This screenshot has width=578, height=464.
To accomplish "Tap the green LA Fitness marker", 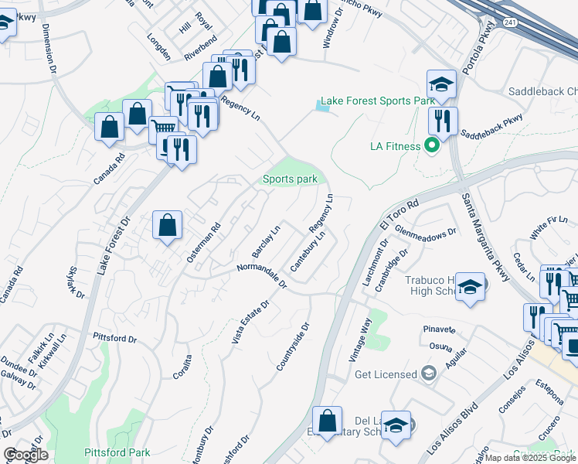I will [x=432, y=145].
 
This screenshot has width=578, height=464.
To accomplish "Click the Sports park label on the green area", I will [x=290, y=179].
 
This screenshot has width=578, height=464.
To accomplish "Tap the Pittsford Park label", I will [x=116, y=452].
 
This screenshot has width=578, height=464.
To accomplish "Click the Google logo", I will [x=25, y=455].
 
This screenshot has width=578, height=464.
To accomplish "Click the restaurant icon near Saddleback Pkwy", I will [x=443, y=121].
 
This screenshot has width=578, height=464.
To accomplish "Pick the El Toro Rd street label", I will [x=399, y=215].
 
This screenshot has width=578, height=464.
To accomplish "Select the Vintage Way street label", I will [x=360, y=340].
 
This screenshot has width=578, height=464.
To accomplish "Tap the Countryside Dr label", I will [x=294, y=346].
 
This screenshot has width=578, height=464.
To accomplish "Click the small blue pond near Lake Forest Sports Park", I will [x=322, y=107].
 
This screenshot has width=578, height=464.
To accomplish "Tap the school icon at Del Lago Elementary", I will [x=396, y=425].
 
